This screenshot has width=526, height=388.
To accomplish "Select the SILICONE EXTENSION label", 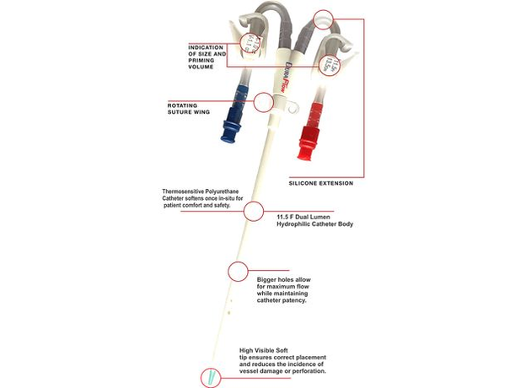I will (320, 183).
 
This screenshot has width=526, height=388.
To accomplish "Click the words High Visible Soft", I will (266, 351).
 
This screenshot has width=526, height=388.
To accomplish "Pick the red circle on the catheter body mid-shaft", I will (252, 211).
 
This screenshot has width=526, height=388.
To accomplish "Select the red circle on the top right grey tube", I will (323, 17).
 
